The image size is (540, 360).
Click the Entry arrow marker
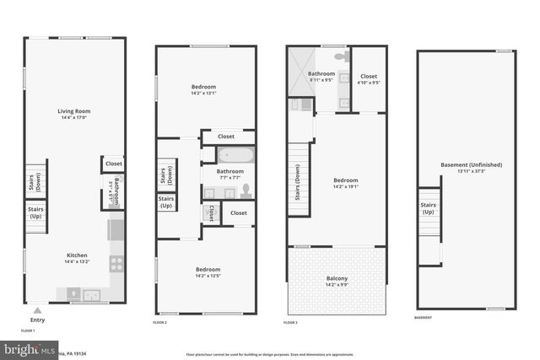[37, 309]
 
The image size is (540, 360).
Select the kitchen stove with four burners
[116, 262]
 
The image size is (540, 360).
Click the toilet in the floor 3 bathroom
[340, 56]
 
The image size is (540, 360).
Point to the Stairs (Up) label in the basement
[428, 207]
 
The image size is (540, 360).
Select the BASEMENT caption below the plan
[424, 318]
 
